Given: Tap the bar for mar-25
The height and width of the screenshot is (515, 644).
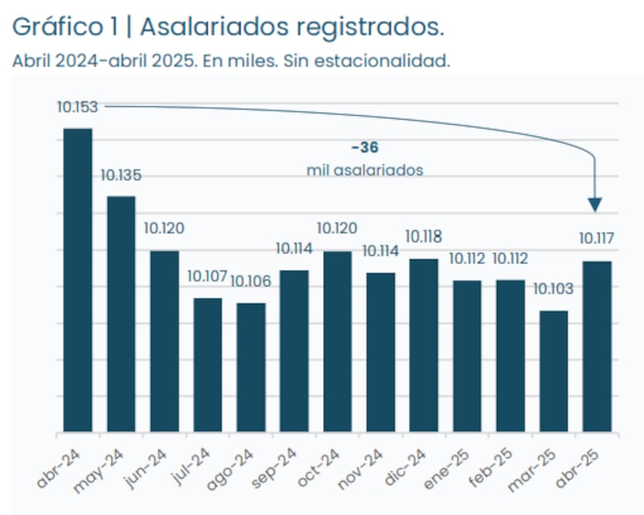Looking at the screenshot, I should [554, 371].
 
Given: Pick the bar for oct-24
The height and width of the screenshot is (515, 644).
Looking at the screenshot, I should [337, 341].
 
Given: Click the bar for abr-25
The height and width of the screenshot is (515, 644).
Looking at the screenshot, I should [597, 346].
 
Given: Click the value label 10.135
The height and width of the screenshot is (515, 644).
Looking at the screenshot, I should [121, 175].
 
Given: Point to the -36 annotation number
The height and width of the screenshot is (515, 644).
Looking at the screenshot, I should [365, 147].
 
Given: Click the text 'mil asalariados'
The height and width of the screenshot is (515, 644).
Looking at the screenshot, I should [365, 170].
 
